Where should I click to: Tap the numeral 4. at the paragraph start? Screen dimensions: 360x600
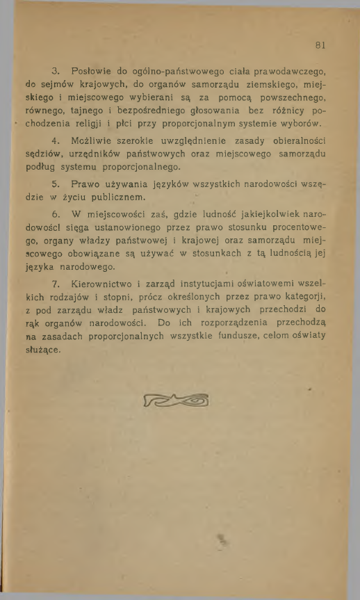coord(56,141)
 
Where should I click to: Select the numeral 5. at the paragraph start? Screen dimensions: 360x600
coord(56,184)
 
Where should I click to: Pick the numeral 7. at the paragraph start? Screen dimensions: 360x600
coord(56,285)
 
